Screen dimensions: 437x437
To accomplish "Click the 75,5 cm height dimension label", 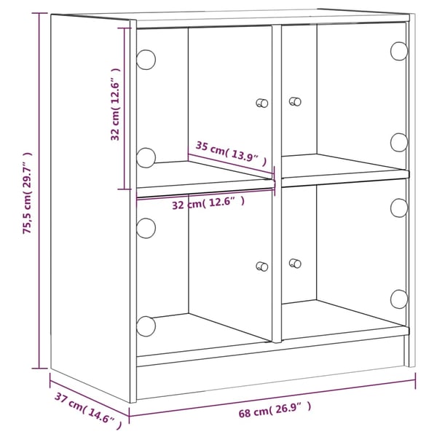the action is (x=28, y=193).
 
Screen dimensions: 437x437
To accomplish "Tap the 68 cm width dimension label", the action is (x=275, y=409).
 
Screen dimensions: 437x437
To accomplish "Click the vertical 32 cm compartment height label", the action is (x=115, y=104).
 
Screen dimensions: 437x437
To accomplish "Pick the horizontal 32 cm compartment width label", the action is (x=208, y=202).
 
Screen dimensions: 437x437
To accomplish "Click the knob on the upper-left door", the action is (x=262, y=103).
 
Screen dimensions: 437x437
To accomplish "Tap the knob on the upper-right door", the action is (x=295, y=101).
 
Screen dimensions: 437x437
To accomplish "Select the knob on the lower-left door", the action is (x=262, y=267).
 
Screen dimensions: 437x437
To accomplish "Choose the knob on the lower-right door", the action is (x=295, y=263).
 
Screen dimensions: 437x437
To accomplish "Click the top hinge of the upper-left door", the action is (x=146, y=60).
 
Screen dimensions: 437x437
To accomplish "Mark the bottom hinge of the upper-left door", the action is (x=146, y=158).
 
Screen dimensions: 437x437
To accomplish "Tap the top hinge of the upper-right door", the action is (x=399, y=51).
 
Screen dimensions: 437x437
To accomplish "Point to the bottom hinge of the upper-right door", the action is (x=399, y=143).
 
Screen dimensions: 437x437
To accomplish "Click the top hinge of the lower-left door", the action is (x=146, y=228).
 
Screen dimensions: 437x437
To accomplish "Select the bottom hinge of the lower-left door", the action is (x=146, y=326).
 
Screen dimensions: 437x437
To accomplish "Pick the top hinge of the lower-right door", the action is (x=399, y=208).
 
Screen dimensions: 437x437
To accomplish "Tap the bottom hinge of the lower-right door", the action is (x=399, y=299).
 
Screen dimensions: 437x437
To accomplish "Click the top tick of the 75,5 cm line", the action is (x=39, y=13).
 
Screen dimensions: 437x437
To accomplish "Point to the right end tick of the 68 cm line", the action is (x=416, y=380).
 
